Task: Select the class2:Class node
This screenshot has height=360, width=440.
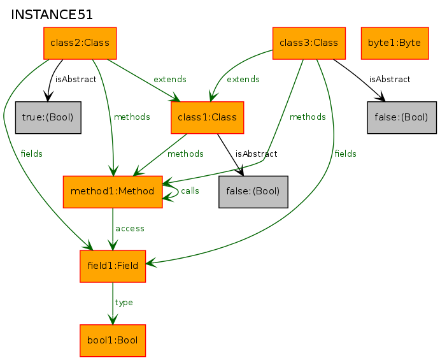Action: coord(80,43)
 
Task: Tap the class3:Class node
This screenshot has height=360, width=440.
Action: coord(309,43)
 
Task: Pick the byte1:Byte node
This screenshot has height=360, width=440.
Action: coord(394,43)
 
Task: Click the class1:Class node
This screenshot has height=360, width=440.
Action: coord(208,117)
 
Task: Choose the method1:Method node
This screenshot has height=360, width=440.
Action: coord(113,191)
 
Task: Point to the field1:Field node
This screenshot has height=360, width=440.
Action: coord(113,266)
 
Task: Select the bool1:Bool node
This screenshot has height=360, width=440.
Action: coord(113,340)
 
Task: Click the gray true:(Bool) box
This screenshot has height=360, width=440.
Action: coord(48,117)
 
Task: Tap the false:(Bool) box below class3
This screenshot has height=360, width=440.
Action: coord(402,117)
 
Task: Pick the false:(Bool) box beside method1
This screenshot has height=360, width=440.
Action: coord(253,191)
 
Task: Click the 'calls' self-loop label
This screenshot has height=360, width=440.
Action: coord(190,191)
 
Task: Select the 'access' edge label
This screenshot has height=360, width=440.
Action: coord(129,228)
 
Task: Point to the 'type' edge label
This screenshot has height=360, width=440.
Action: coord(124,303)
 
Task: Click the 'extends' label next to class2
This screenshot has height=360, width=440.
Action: coord(169,80)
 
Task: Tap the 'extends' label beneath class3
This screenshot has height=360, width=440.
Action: coord(243,80)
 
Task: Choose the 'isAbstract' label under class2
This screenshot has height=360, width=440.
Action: coord(76,80)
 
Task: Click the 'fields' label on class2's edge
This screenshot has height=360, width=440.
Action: coord(32,154)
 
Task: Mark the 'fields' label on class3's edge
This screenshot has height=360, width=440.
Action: coord(345,154)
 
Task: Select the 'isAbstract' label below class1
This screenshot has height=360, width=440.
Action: coord(256,154)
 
